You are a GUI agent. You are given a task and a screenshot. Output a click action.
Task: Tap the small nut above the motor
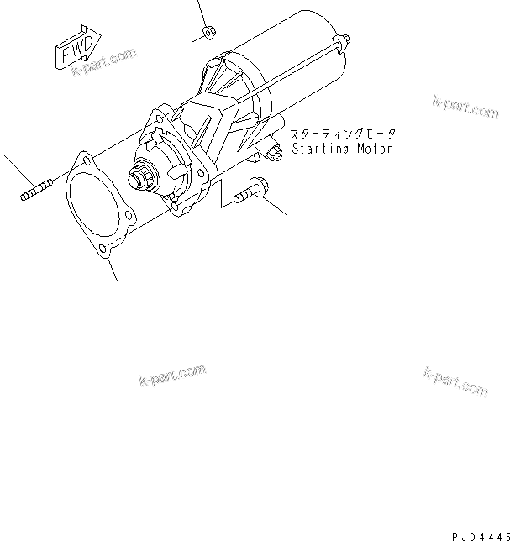[x=207, y=34]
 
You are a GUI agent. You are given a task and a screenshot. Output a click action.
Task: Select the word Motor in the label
[x=370, y=149]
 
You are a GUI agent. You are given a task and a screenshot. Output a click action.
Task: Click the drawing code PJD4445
[x=478, y=531]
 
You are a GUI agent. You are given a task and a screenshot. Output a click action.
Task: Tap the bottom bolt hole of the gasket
[x=102, y=249]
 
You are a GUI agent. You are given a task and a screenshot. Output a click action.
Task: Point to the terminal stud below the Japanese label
[x=274, y=154]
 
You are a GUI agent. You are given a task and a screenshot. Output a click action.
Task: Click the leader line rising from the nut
[x=202, y=13]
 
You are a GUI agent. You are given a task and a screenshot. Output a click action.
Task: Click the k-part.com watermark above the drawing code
[x=456, y=382]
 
